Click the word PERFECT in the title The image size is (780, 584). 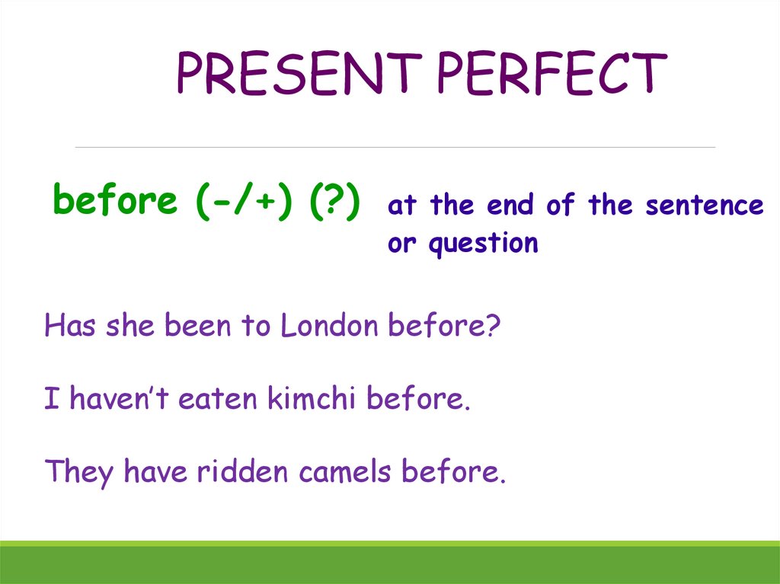tap(552, 73)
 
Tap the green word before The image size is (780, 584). tap(115, 200)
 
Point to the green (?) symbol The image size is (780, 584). tap(335, 202)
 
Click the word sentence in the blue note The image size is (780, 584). tap(705, 205)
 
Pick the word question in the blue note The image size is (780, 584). tap(484, 244)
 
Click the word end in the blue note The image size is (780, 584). tap(510, 205)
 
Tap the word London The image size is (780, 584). tap(329, 325)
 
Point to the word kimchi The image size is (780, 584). tap(312, 398)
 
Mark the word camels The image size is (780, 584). tap(345, 471)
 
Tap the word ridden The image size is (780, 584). tap(242, 471)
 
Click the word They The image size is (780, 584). tap(79, 473)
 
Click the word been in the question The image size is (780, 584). tap(197, 325)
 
